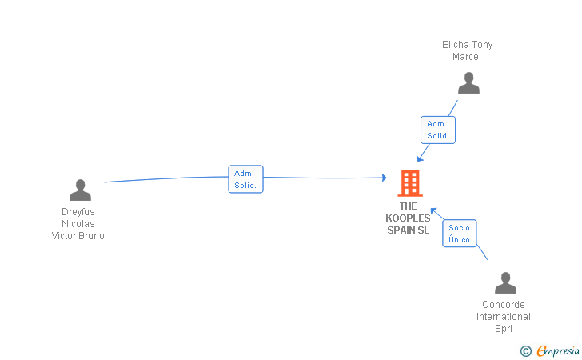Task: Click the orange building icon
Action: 410,183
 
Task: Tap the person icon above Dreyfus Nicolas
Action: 80,190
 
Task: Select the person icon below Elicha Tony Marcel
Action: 468,83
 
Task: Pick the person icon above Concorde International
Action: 505,283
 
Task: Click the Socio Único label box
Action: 460,234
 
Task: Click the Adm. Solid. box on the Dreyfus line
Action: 245,179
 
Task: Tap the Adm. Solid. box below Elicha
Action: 437,130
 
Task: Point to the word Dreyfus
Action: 78,212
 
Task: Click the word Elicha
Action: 456,45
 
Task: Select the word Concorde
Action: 504,305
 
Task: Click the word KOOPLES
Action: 408,218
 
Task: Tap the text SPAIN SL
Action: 408,230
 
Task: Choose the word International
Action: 504,317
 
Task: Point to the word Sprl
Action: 504,329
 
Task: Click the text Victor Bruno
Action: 78,236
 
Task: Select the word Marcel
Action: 467,57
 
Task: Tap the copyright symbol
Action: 525,350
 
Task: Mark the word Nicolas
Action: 78,224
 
